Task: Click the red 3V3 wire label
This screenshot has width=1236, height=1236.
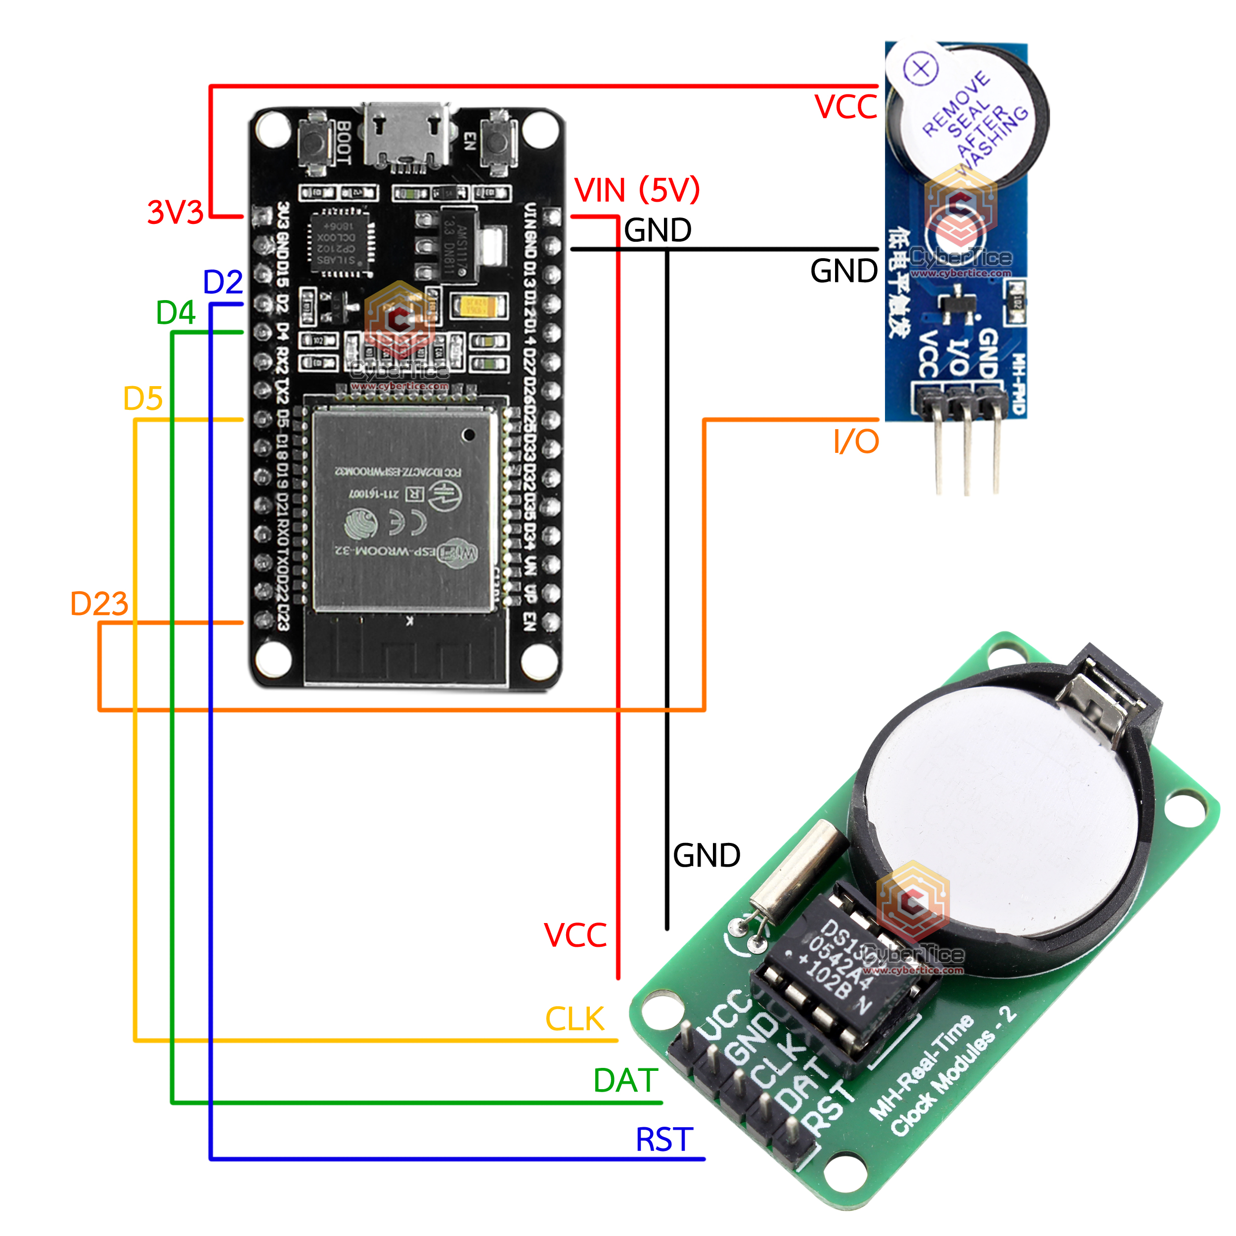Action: click(175, 213)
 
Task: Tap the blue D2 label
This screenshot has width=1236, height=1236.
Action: click(222, 282)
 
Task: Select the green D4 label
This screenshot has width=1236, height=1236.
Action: click(176, 313)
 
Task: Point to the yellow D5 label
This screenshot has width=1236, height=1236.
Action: click(143, 399)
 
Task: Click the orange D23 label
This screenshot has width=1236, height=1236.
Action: click(99, 604)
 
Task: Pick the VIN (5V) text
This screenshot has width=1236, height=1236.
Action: click(637, 190)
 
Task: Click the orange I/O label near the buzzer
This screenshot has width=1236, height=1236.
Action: click(856, 441)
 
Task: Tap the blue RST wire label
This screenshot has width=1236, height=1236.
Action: click(664, 1140)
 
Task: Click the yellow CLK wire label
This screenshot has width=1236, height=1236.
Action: click(574, 1019)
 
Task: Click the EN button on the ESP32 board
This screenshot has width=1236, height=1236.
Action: click(498, 142)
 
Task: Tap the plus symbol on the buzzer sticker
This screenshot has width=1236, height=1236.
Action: click(921, 68)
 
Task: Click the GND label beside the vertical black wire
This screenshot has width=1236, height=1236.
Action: click(706, 855)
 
